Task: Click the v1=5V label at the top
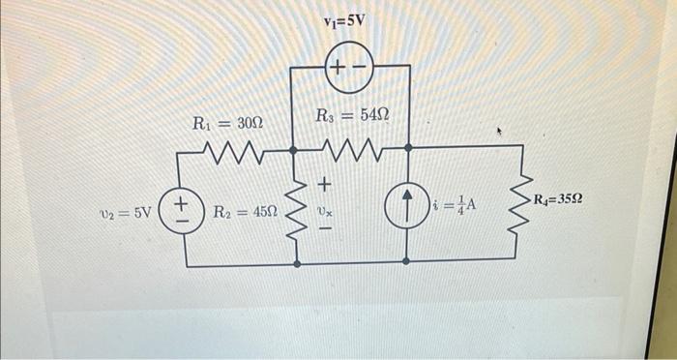tap(346, 19)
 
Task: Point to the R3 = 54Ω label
tap(353, 116)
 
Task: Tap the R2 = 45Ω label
tap(244, 211)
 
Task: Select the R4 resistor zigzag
tap(521, 203)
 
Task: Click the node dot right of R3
tap(407, 148)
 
